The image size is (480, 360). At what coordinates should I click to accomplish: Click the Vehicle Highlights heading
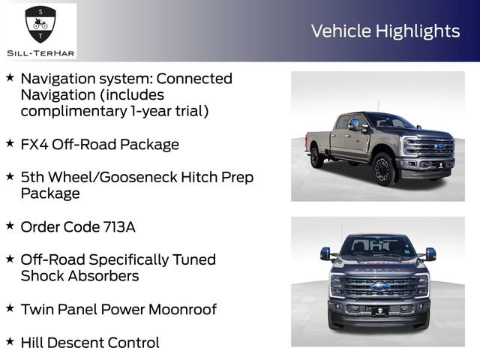coord(385,31)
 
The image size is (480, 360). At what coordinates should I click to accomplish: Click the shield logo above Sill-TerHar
coord(40,25)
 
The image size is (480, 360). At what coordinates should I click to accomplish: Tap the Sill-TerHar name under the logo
coord(40,52)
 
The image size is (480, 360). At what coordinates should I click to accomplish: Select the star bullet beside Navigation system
coord(10,77)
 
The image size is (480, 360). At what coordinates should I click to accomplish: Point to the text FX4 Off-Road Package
coord(100,144)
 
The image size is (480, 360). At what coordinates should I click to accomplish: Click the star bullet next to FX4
coord(10,142)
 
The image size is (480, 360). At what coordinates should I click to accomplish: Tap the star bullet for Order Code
coord(10,225)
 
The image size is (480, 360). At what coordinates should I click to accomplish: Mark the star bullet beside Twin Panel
coord(10,307)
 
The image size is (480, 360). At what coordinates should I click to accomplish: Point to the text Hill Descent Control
coord(90,343)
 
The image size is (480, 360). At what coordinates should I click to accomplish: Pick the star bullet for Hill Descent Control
coord(10,341)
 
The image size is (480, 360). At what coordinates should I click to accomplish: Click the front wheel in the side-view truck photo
coord(382,169)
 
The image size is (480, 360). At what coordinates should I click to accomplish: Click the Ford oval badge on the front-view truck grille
coord(379,286)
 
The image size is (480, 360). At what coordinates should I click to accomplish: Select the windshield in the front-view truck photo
coord(379,245)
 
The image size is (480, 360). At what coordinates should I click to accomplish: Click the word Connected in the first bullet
coord(195,78)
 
